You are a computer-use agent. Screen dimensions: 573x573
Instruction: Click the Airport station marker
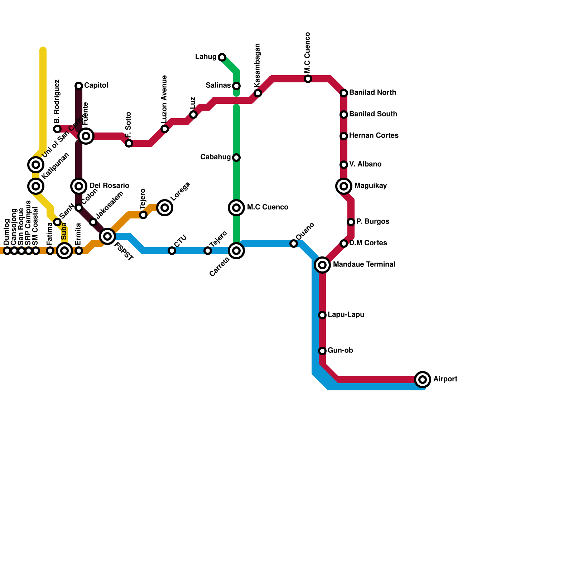pyautogui.click(x=423, y=379)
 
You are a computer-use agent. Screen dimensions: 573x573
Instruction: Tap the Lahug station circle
pyautogui.click(x=222, y=57)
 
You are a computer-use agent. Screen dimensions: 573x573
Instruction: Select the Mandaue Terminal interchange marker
pyautogui.click(x=322, y=265)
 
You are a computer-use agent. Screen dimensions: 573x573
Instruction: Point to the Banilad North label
pyautogui.click(x=372, y=93)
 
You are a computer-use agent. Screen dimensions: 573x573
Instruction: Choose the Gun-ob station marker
pyautogui.click(x=322, y=351)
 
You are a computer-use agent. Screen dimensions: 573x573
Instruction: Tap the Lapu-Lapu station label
pyautogui.click(x=346, y=315)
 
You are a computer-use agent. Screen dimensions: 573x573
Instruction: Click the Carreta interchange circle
pyautogui.click(x=236, y=251)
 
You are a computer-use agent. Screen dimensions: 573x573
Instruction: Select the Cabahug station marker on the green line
pyautogui.click(x=236, y=158)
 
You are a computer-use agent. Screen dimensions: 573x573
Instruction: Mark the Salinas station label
pyautogui.click(x=218, y=86)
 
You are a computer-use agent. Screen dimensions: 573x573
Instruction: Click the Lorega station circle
pyautogui.click(x=165, y=208)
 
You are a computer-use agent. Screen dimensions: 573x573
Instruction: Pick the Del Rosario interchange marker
pyautogui.click(x=79, y=186)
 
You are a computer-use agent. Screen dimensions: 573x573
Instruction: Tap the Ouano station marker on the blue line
pyautogui.click(x=294, y=244)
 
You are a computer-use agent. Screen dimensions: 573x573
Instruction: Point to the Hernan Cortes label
pyautogui.click(x=374, y=136)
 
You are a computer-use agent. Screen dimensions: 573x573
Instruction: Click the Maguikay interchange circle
pyautogui.click(x=344, y=186)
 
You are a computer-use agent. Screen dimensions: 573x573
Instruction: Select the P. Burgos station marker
pyautogui.click(x=351, y=222)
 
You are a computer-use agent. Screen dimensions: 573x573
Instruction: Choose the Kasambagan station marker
pyautogui.click(x=258, y=93)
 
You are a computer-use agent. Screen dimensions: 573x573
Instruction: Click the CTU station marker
pyautogui.click(x=172, y=251)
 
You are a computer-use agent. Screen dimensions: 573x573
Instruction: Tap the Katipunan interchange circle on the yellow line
pyautogui.click(x=36, y=186)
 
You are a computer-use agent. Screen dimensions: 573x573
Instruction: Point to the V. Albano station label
pyautogui.click(x=365, y=164)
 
